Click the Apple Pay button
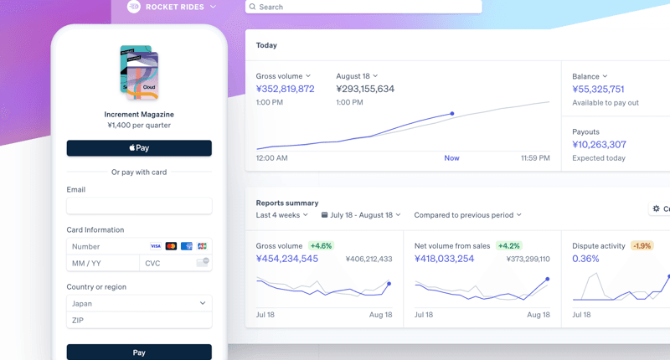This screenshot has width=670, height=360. point(139,148)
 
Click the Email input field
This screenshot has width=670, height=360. point(139,206)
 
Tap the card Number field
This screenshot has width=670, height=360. point(105,246)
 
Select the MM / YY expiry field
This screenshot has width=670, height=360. point(102,263)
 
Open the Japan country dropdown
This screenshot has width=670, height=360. point(139,303)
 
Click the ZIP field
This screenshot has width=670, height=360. point(139,320)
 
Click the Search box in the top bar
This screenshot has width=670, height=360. point(364,7)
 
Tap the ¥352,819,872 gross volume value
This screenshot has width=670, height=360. point(286,89)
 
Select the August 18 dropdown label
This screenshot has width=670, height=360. point(357,76)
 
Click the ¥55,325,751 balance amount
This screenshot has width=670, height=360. point(598,89)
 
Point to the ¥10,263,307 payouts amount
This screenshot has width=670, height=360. point(599,144)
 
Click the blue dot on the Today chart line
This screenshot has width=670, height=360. point(452,113)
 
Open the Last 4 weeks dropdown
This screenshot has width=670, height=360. point(282,215)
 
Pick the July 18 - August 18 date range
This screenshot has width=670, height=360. point(361,215)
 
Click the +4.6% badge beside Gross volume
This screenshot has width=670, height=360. point(321,246)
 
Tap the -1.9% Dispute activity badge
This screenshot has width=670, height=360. point(642,246)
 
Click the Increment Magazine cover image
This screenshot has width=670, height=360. point(139,72)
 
